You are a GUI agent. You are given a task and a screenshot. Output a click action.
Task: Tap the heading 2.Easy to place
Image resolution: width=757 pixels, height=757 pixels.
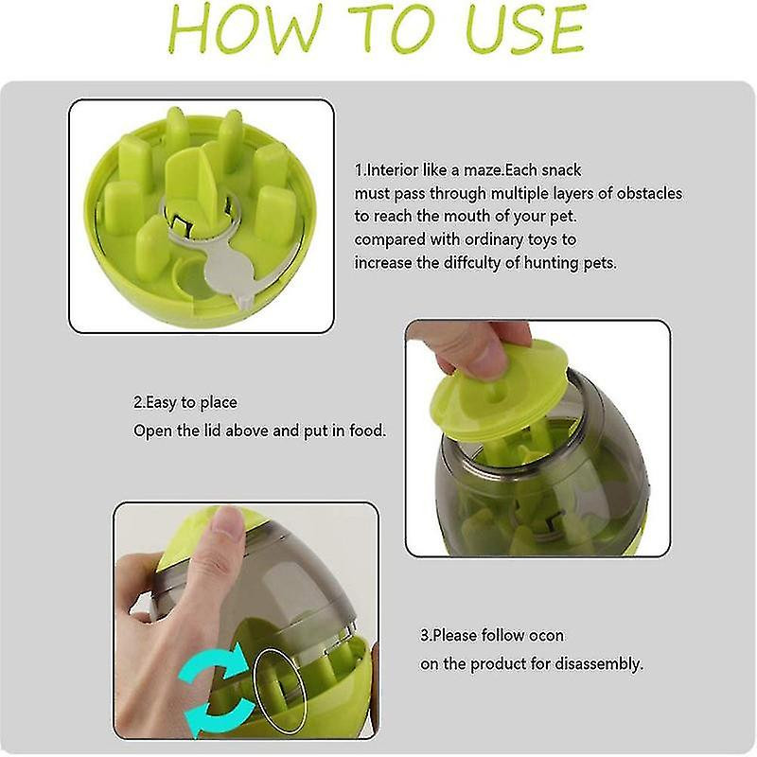[x=185, y=402]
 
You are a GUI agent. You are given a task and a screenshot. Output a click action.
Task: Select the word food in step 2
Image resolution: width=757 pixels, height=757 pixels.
[x=367, y=431]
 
